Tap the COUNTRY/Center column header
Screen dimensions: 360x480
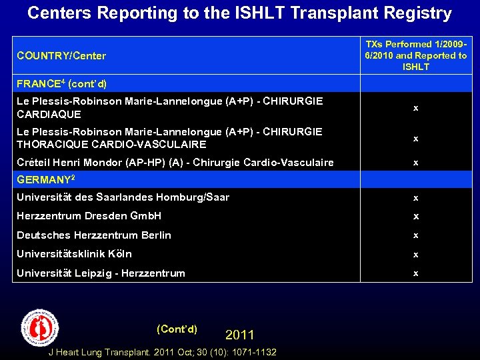pos(61,56)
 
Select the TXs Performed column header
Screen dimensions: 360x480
pos(416,55)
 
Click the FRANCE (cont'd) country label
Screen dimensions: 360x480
pos(61,84)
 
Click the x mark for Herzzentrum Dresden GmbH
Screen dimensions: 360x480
pos(416,217)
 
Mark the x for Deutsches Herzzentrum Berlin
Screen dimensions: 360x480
pos(416,236)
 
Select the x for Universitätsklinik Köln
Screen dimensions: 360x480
pos(416,255)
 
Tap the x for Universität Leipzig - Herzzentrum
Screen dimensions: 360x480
pos(416,273)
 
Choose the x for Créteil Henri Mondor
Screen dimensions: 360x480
pos(416,163)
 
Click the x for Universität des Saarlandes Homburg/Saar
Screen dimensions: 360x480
pos(416,198)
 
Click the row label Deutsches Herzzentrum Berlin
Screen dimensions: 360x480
pos(94,235)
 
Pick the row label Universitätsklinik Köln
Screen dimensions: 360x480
pos(74,254)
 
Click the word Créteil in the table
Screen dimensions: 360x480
pos(33,162)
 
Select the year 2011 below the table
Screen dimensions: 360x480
pos(240,335)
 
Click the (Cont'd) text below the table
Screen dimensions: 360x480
pos(177,329)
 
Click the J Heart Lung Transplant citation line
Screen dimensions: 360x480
pos(163,352)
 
